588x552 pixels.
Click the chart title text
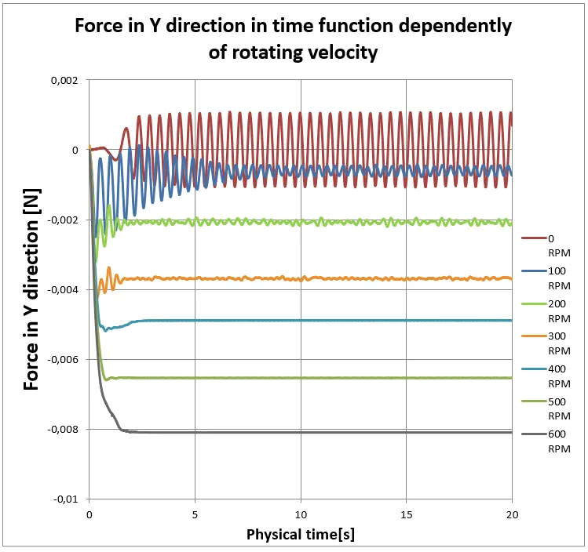[x=293, y=38]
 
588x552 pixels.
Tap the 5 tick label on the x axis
[x=195, y=514]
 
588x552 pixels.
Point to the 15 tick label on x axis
[x=406, y=514]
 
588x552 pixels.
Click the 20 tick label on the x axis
[x=512, y=514]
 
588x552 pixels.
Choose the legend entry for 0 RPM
[x=553, y=245]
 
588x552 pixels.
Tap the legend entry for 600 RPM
[x=553, y=441]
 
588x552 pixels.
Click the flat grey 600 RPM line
[x=314, y=432]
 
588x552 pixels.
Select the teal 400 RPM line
[x=314, y=320]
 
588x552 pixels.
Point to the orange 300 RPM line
[x=314, y=278]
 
